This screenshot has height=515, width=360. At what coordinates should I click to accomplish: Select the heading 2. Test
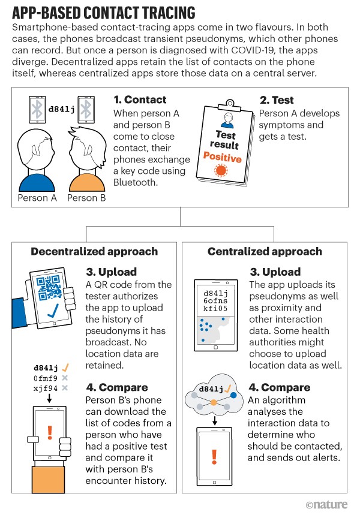[281, 100]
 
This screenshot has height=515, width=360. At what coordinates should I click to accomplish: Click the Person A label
[37, 197]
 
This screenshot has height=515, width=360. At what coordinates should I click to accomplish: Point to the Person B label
[87, 197]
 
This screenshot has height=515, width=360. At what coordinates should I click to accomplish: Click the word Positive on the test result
[222, 158]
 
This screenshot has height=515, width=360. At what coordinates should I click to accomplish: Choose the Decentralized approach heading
[94, 252]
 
